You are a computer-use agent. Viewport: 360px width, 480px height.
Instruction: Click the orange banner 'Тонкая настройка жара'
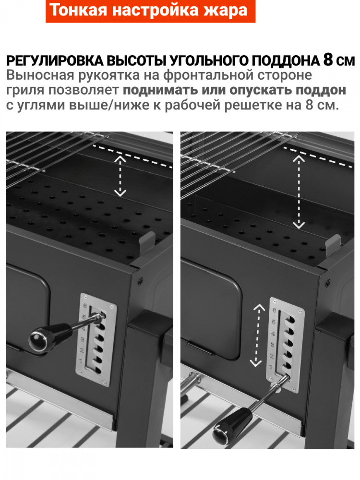coord(150,11)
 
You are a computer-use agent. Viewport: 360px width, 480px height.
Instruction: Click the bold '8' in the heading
coord(328,60)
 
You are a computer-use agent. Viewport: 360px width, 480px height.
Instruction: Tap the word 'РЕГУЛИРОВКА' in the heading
coord(55,61)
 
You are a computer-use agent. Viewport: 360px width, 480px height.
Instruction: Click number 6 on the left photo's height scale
coord(85,306)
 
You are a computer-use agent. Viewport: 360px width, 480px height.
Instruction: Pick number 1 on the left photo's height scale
coord(81,361)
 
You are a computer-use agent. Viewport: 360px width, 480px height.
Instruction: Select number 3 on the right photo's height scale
coord(272,345)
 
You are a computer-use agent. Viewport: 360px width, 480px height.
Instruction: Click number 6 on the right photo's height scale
coord(274,311)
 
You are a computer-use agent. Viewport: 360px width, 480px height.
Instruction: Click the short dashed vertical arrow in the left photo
coord(120,176)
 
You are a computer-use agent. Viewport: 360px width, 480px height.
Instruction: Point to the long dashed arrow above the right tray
coord(299,192)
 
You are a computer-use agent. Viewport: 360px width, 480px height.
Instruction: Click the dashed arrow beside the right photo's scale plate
coord(256,335)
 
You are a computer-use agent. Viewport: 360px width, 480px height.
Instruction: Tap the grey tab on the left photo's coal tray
coord(147,242)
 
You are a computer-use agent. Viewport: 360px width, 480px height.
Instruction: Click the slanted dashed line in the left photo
coord(133,156)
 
